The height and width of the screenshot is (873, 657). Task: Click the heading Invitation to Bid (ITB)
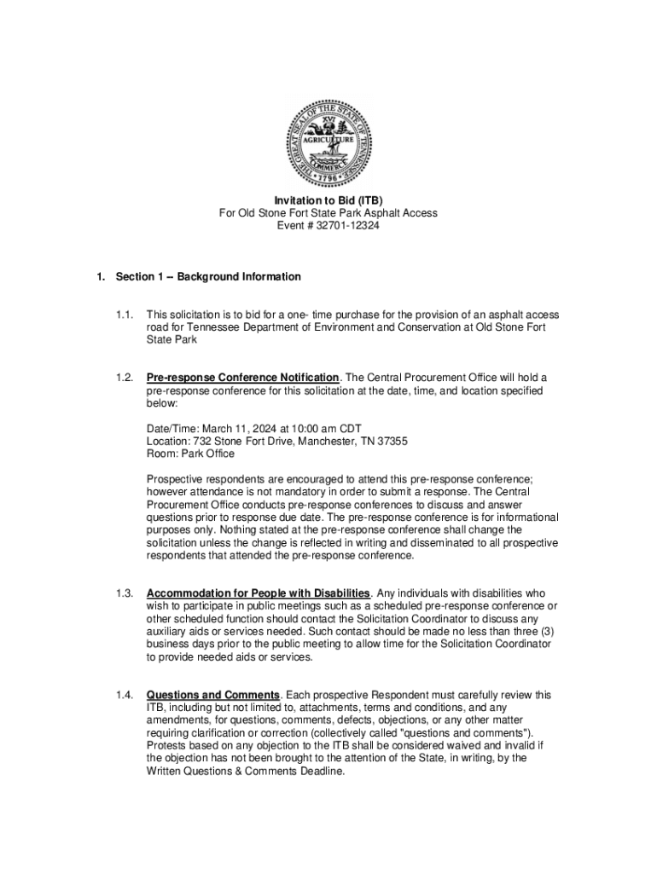point(328,200)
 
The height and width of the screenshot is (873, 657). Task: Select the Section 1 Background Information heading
point(208,277)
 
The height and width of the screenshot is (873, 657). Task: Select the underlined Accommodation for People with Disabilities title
point(258,593)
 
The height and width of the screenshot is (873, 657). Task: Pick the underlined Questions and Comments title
point(212,695)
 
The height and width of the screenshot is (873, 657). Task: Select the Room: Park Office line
point(190,454)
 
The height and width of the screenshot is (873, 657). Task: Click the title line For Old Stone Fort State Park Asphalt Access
point(328,213)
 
